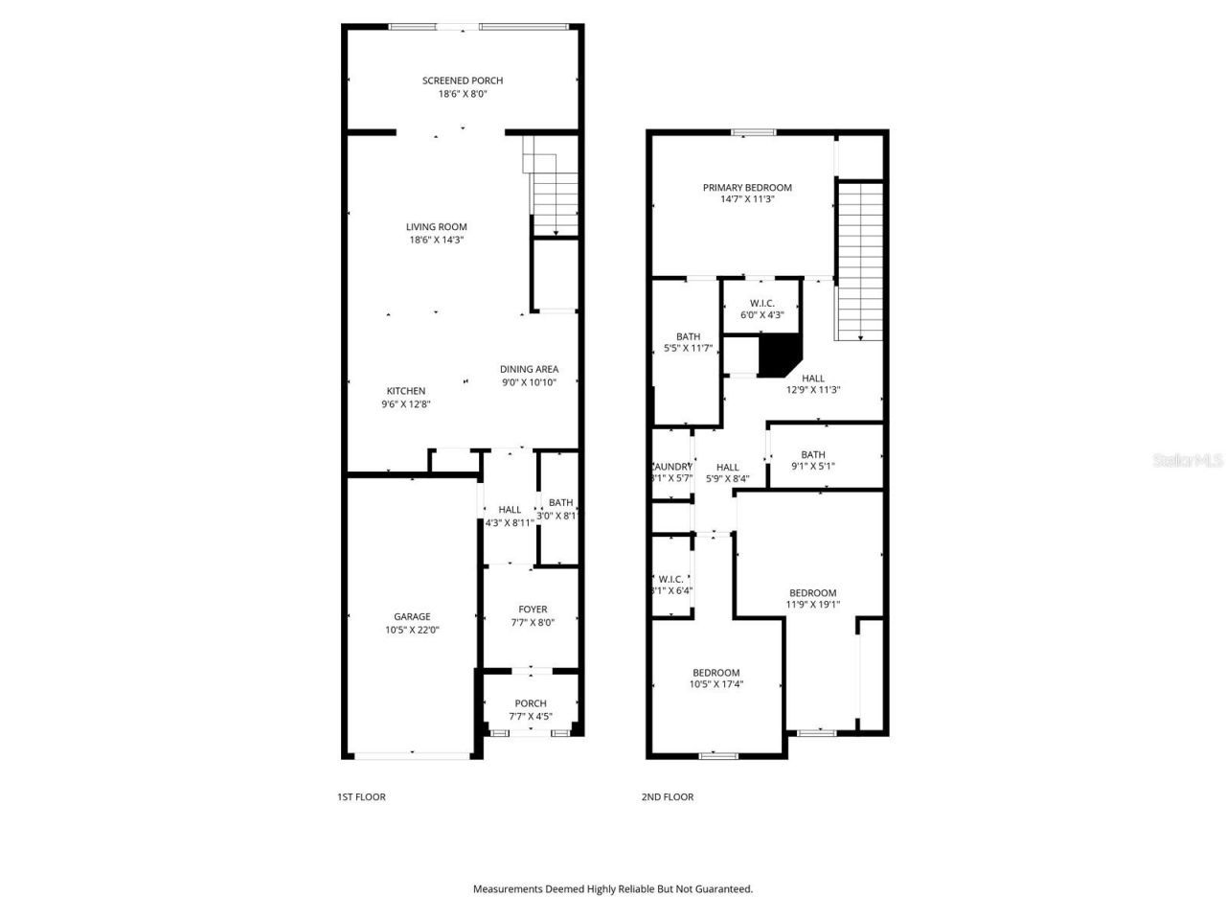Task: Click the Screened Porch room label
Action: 463,80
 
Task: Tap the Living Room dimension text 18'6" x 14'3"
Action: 437,240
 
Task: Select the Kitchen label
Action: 406,391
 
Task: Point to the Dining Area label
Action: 529,369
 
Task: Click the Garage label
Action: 412,616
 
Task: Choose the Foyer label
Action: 533,609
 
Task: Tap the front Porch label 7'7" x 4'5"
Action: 530,716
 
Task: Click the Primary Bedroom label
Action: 747,188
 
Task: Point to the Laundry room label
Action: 671,467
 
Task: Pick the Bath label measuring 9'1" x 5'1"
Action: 813,455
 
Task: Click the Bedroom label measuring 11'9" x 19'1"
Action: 812,593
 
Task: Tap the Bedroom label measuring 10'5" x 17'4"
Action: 716,673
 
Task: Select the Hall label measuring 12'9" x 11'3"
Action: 813,379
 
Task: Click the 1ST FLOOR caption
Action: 361,796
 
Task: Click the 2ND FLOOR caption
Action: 668,796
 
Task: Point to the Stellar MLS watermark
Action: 1188,461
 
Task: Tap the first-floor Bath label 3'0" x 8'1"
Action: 560,503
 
